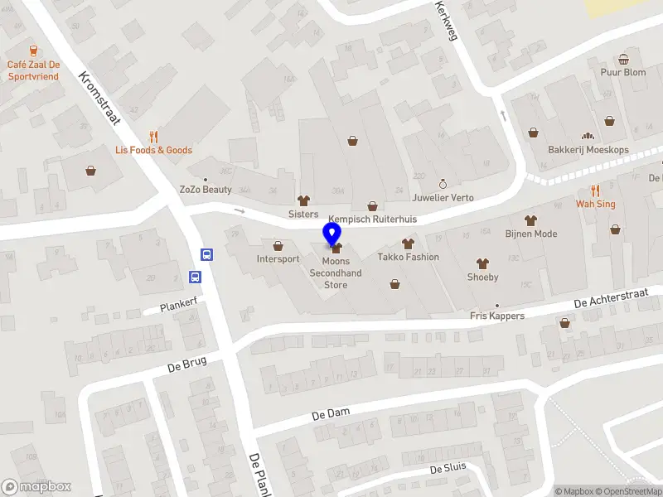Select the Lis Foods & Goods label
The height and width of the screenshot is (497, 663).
(153, 150)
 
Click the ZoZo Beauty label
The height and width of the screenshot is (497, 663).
(206, 189)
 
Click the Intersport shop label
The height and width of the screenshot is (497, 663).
(278, 258)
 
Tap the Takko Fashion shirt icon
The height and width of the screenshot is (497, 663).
(408, 244)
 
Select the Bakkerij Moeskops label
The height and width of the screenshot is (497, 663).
(588, 150)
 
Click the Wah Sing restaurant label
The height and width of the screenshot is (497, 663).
(596, 204)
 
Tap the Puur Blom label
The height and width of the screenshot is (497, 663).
(623, 72)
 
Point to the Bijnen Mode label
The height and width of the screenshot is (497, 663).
(531, 234)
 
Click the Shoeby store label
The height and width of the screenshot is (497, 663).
(482, 277)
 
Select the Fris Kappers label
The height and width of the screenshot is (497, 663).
(497, 316)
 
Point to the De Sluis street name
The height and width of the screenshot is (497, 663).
(448, 470)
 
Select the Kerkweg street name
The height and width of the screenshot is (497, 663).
(447, 18)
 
